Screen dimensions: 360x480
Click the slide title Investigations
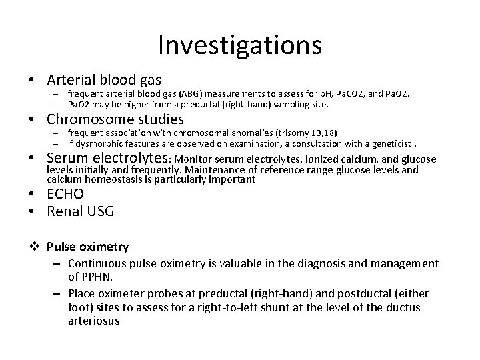click(x=240, y=45)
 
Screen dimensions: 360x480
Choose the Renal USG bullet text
click(x=81, y=212)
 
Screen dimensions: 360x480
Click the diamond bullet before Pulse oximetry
click(x=35, y=247)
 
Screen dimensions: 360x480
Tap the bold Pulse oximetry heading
click(x=88, y=247)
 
